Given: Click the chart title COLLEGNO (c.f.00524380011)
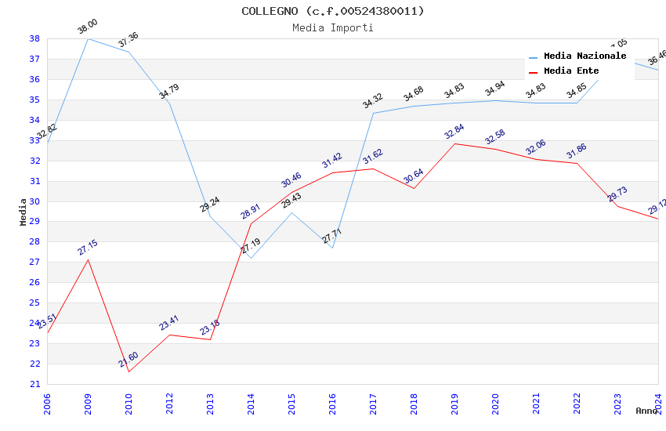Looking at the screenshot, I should [x=333, y=11].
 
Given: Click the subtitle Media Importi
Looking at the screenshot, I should [x=333, y=27].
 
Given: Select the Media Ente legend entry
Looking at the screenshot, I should [x=571, y=71].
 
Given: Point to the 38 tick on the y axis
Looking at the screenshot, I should [x=34, y=38].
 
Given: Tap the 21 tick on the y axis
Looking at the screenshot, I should [x=34, y=384].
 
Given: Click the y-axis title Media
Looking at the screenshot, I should [x=24, y=212].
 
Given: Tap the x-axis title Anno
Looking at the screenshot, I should [x=646, y=411].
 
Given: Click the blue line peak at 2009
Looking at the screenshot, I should [x=88, y=38].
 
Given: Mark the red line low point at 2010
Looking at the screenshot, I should [x=128, y=371].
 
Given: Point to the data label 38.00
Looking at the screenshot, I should [x=87, y=27].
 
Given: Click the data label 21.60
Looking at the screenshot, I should [x=128, y=360].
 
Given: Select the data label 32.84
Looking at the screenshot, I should [x=454, y=132].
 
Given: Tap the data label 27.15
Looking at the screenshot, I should [x=88, y=248].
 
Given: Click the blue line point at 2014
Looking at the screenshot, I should [x=251, y=258].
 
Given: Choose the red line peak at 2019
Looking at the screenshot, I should [x=454, y=143].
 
